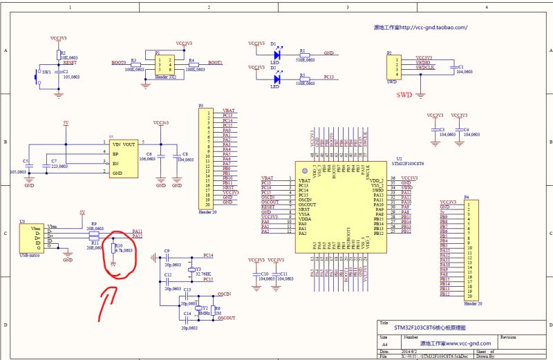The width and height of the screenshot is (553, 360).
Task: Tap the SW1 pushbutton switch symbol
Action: tap(38, 75)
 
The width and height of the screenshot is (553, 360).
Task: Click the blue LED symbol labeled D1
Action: tap(276, 53)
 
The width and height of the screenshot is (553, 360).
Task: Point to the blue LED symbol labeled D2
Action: tap(276, 78)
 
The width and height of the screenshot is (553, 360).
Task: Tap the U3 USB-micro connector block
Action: tap(32, 237)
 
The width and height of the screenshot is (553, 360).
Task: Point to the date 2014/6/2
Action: tap(403, 351)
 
